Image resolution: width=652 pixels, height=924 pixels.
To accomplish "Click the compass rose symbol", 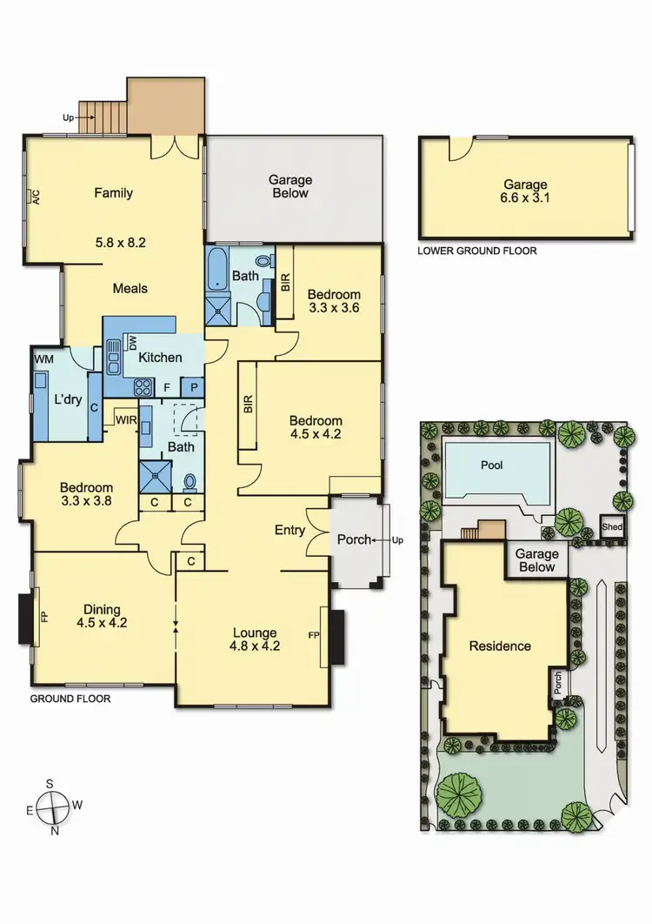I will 54,806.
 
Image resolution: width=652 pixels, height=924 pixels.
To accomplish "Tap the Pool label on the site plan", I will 491,465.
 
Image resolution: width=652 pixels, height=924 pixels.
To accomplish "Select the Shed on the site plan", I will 612,528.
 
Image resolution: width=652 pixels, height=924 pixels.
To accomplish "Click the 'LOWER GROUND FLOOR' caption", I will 477,251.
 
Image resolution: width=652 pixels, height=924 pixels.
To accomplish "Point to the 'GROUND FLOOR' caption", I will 70,698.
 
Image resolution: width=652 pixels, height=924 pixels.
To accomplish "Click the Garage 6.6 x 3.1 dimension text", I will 525,198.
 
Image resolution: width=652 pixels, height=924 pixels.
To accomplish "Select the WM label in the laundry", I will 43,358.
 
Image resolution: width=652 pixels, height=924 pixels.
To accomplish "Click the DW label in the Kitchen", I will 134,344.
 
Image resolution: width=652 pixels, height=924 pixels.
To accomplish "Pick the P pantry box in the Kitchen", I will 192,386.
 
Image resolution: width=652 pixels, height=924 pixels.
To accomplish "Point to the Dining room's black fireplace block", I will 25,618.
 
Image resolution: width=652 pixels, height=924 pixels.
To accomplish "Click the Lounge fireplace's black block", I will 336,636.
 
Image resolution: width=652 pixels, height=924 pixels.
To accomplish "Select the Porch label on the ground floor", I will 354,539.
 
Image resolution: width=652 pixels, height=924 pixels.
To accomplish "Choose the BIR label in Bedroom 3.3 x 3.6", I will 285,282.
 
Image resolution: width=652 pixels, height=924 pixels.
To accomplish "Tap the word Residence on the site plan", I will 500,646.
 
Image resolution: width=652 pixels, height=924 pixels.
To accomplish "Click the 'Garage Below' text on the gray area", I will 290,186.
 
